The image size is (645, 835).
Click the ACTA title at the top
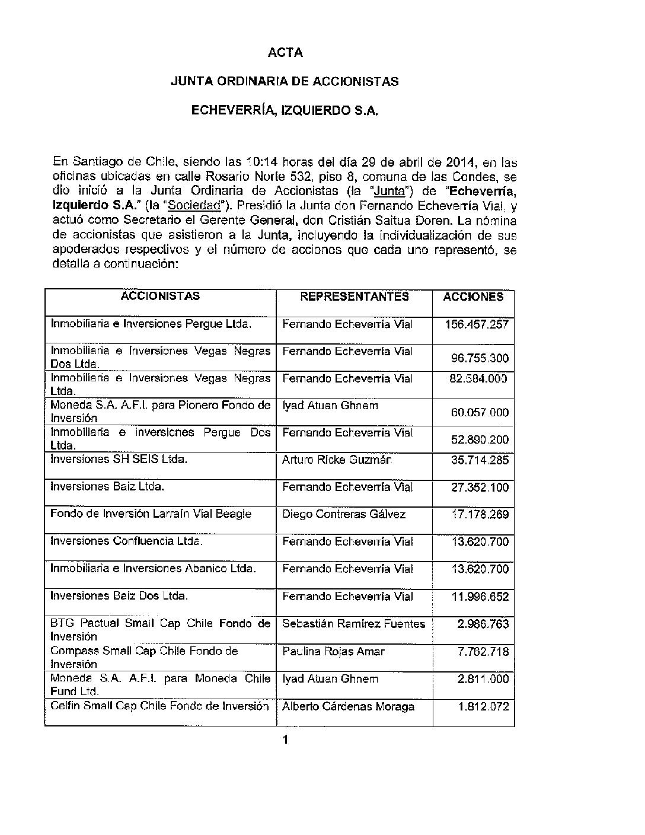[x=285, y=53]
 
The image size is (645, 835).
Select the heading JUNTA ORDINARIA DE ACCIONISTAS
[x=285, y=82]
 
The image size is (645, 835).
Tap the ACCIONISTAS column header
[x=160, y=297]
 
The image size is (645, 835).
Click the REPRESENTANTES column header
[x=355, y=297]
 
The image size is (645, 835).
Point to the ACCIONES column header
[x=473, y=297]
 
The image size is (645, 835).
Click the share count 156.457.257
[x=477, y=324]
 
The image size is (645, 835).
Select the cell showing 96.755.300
[x=480, y=358]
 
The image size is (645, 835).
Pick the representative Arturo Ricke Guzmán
[x=337, y=460]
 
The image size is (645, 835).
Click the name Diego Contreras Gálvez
[x=344, y=514]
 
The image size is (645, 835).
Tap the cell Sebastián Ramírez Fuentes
[x=354, y=624]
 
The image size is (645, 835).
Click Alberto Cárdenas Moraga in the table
[x=348, y=706]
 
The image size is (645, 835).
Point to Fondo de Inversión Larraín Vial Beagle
[x=151, y=514]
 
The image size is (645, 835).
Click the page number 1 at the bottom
[x=286, y=740]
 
